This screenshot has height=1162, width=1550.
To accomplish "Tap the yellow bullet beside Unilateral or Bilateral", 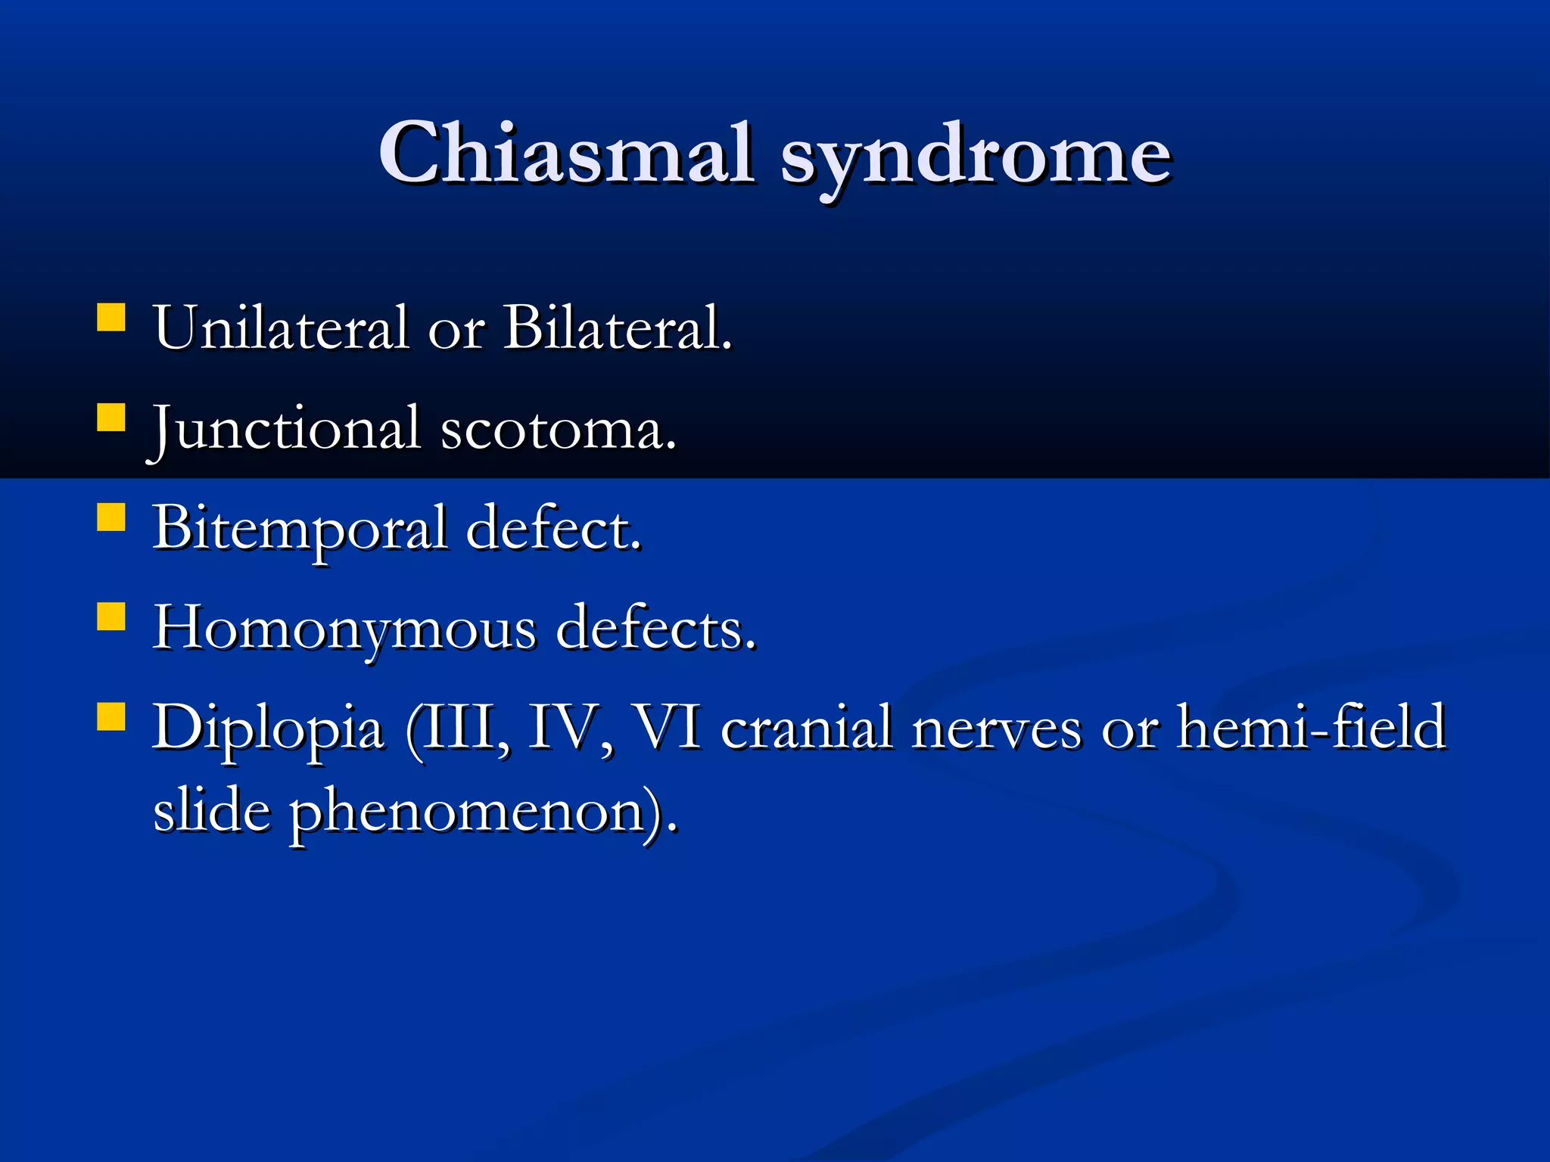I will tap(111, 318).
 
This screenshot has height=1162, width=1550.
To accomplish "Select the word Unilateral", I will tap(281, 328).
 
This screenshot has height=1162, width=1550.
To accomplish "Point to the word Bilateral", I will tap(617, 328).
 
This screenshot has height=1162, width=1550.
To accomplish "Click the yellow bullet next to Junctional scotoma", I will tap(111, 417).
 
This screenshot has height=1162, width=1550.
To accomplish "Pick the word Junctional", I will tap(285, 428).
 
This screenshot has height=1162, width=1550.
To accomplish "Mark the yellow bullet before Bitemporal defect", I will tap(111, 517).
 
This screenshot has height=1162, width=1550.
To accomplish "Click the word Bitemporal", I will tap(300, 529).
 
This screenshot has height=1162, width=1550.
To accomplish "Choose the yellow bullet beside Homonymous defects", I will tap(111, 616).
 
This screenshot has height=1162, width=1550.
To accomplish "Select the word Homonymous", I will tap(344, 628).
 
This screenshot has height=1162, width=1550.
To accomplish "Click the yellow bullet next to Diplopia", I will tap(111, 716).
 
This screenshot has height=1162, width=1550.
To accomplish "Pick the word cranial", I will tap(806, 728).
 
